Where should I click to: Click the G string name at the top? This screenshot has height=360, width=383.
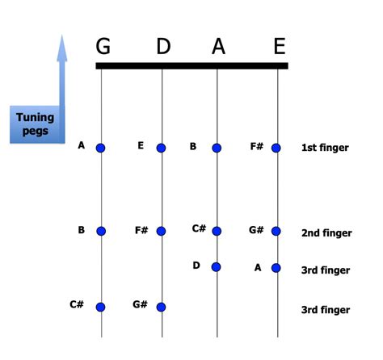[103, 46]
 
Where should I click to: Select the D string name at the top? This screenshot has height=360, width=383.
[163, 46]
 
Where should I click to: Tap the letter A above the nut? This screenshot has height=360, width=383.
[218, 46]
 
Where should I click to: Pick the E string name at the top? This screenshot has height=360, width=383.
[279, 46]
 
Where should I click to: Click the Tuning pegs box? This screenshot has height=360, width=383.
[35, 124]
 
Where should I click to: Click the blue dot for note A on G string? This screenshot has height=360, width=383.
[101, 148]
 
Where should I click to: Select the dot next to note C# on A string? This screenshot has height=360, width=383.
[217, 231]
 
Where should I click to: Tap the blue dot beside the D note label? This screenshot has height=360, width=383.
[217, 266]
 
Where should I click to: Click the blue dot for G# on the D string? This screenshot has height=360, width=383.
[162, 307]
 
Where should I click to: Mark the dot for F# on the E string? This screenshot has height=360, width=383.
[276, 148]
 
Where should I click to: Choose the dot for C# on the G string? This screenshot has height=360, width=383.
[101, 307]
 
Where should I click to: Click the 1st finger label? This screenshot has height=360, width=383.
[325, 149]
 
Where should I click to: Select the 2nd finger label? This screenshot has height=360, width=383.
[326, 233]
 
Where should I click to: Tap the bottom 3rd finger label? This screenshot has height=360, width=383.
[326, 310]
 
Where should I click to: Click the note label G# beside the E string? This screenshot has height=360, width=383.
[256, 230]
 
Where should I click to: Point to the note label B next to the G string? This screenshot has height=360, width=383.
[82, 230]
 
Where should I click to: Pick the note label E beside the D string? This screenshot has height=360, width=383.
[141, 146]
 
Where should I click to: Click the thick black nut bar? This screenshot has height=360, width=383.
[191, 65]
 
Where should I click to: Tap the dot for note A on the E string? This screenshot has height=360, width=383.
[276, 267]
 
